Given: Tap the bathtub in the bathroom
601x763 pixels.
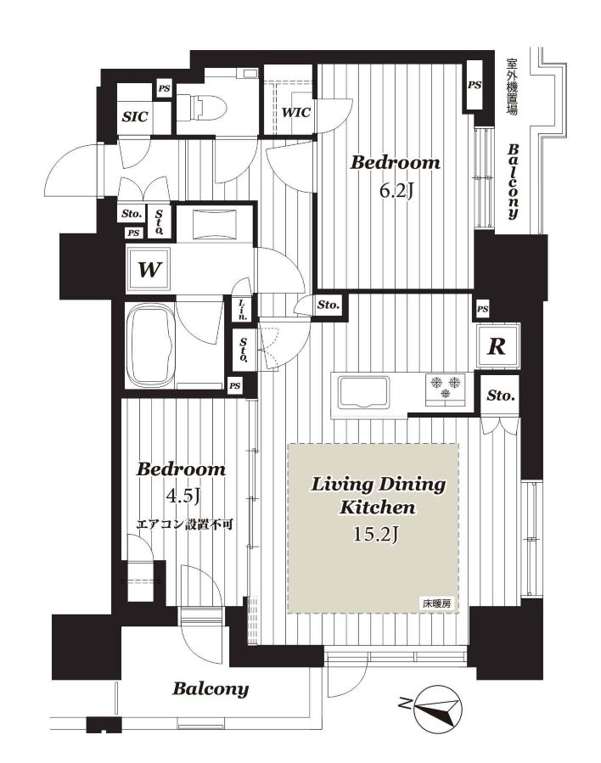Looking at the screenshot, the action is tap(150, 345).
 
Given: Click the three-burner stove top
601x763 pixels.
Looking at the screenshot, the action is tap(444, 388).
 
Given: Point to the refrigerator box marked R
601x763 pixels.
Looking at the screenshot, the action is tap(497, 346).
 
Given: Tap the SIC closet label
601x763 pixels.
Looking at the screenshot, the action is tap(135, 117).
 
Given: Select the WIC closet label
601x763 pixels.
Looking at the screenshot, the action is tap(296, 112).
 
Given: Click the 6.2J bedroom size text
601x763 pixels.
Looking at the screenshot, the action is tap(396, 192).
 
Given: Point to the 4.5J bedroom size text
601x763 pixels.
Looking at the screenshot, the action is tap(183, 496).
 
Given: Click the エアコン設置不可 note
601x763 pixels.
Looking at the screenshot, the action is tap(185, 525).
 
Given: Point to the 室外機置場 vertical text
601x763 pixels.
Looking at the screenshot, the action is tap(512, 87).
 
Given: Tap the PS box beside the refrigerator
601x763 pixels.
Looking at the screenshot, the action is tap(482, 309).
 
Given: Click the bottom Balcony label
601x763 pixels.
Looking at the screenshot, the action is tap(211, 689).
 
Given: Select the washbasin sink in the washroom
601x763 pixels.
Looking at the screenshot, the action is tap(214, 224).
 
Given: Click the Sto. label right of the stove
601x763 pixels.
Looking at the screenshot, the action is tap(501, 396).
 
